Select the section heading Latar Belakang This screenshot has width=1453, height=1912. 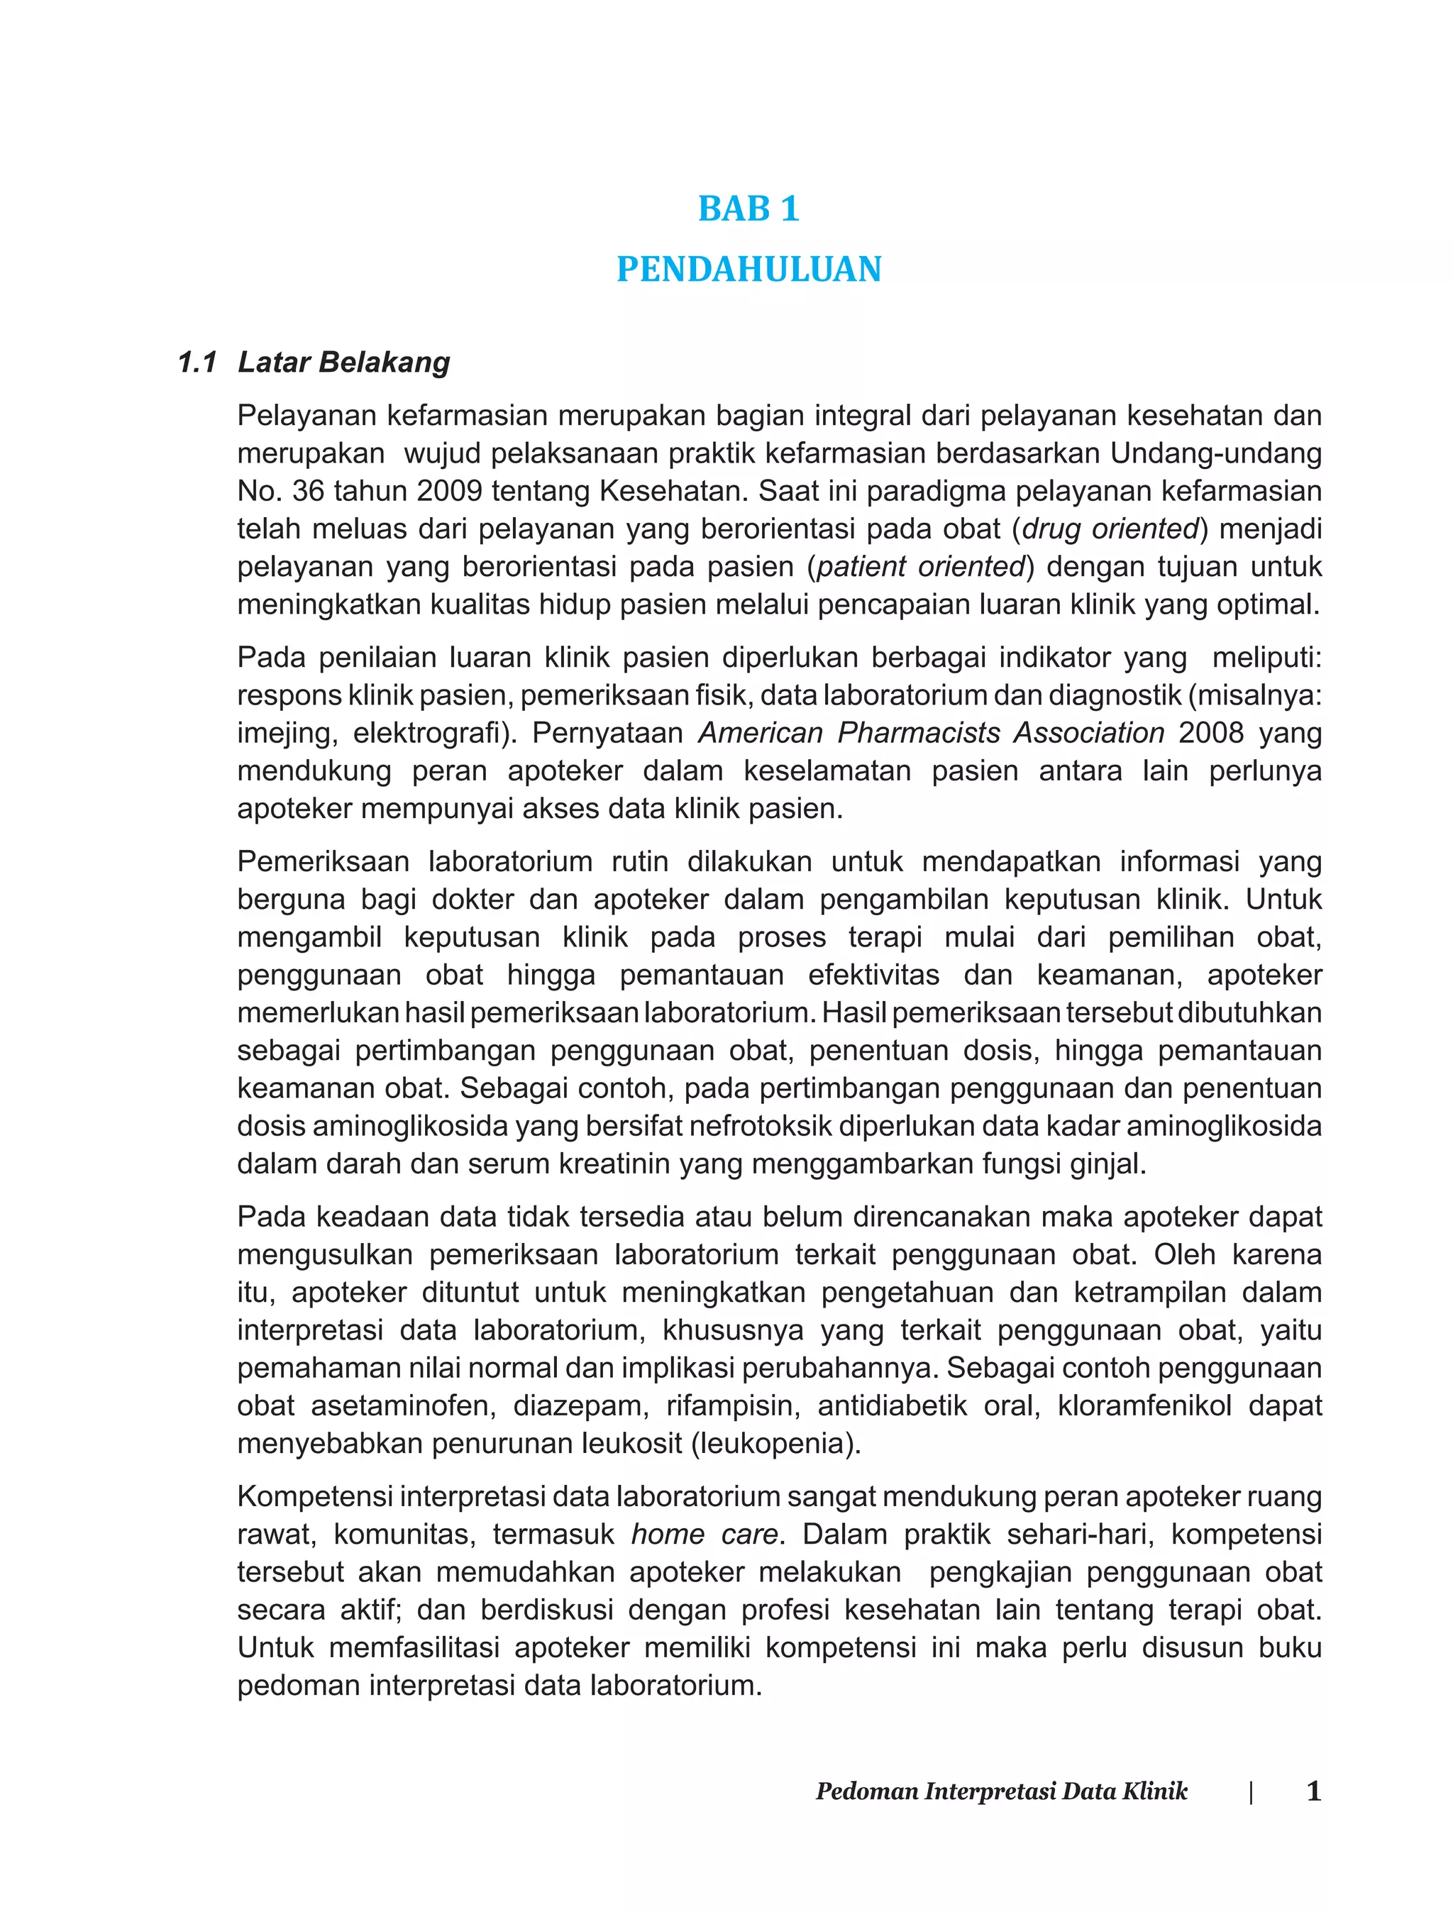click(x=343, y=363)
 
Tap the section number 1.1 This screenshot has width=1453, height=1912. click(x=197, y=363)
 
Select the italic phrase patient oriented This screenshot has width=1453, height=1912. click(x=919, y=566)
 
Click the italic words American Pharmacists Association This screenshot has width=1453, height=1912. click(x=931, y=732)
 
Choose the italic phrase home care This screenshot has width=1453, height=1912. click(x=704, y=1534)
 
